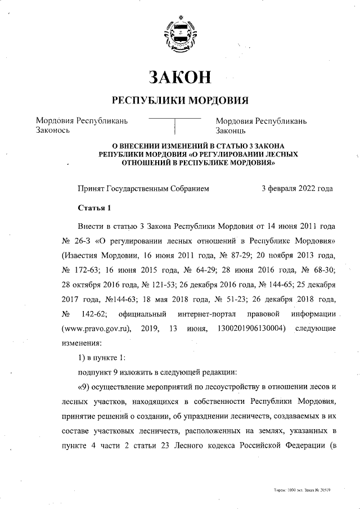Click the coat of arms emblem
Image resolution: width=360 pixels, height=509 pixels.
179,34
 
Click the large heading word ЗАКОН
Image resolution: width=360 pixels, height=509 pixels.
180,76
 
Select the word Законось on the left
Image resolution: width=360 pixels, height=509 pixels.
52,130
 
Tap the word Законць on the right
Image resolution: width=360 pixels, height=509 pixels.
231,130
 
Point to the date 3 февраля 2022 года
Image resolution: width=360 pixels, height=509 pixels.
297,188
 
